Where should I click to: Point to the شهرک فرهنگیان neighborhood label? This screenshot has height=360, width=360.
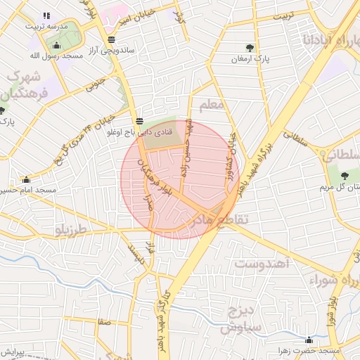coord(25,84)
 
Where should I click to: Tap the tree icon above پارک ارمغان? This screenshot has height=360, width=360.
coord(250,48)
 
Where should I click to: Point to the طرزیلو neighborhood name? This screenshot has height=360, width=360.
coord(73,229)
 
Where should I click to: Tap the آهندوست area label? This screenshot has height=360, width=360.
coord(262,264)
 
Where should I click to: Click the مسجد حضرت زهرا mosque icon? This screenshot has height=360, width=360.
coord(309,340)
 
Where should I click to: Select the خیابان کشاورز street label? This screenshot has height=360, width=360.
coord(231,155)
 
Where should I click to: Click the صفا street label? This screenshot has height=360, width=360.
coord(105,321)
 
